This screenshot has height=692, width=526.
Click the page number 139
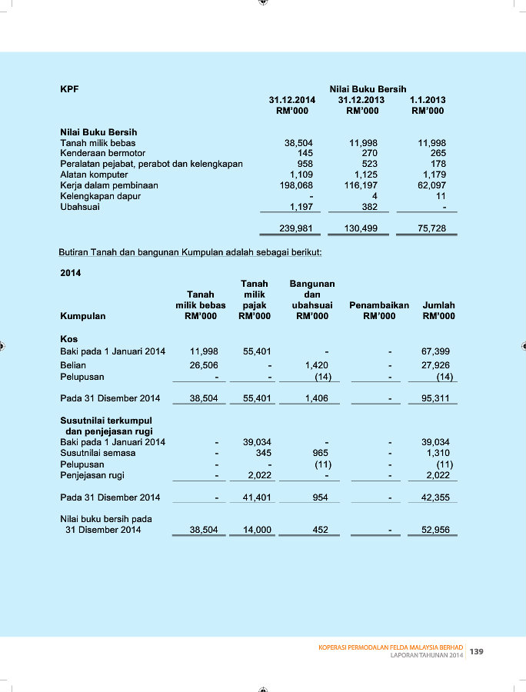[477, 652]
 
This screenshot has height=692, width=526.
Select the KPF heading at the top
[69, 89]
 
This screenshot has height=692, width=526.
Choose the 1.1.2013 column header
[428, 100]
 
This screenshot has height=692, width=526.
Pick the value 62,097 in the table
[432, 185]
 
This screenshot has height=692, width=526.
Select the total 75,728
[432, 228]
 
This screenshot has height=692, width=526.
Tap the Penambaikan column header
[379, 305]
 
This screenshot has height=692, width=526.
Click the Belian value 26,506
[204, 365]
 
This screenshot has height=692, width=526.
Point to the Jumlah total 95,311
[436, 398]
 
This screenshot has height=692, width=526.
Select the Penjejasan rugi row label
[92, 475]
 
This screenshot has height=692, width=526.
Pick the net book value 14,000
[257, 530]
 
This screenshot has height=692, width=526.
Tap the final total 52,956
[436, 530]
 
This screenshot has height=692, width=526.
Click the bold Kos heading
[69, 338]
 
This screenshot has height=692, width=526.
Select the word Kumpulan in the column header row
[83, 316]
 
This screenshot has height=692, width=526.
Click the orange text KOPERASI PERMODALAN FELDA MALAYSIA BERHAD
[391, 648]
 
